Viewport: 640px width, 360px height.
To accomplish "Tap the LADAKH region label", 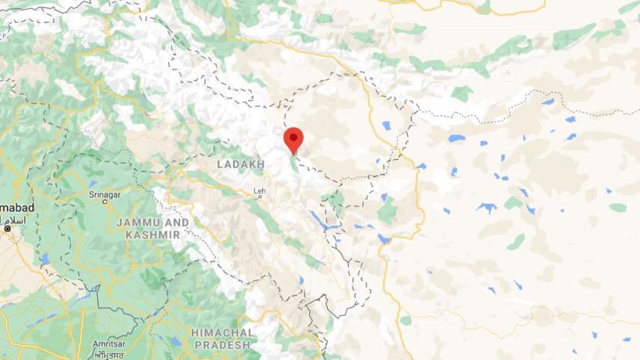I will coord(240,164).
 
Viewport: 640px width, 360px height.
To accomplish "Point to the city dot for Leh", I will coord(260,199).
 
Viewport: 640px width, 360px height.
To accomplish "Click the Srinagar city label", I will coord(104,195).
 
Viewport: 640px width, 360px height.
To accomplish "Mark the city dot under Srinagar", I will coord(104,204).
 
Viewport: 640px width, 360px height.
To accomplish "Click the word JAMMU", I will coord(141,223).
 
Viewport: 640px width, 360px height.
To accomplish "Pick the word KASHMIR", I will coord(152,235).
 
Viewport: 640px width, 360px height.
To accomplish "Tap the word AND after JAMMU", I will coord(177,223).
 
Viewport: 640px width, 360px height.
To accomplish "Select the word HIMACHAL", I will coord(221,332).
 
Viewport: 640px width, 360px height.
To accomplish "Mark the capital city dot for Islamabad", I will coord(7,228).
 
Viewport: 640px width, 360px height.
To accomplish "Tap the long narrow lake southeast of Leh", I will coord(317,219).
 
